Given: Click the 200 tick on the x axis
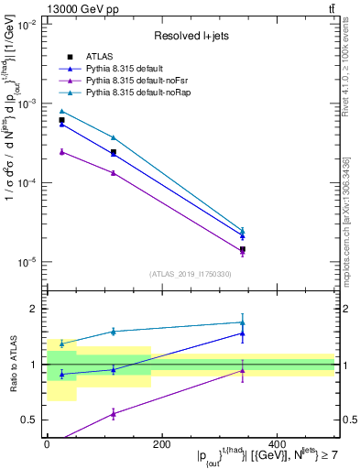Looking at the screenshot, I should point(161,444).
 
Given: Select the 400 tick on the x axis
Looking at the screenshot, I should point(277,444).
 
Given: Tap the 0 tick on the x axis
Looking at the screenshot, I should point(47,444).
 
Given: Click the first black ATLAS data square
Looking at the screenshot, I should point(61,120).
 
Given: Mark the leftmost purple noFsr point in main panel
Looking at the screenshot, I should point(61,151).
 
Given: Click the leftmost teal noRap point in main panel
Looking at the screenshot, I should point(61,111).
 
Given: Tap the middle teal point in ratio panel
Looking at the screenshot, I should point(113,332).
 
